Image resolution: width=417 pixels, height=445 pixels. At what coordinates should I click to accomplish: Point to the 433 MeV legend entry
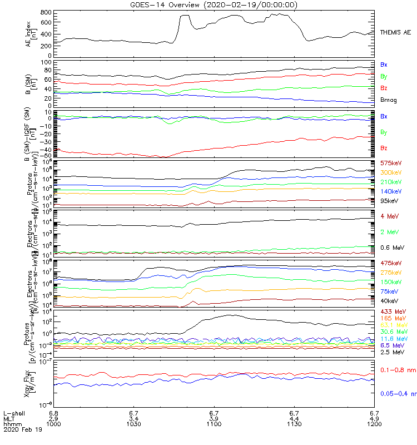[x=392, y=311]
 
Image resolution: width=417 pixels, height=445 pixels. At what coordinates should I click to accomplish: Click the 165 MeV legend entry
[x=392, y=318]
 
